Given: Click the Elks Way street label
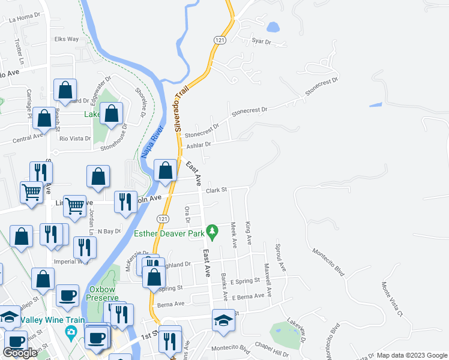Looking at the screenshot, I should tap(67, 39).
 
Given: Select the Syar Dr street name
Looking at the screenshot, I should tap(262, 41).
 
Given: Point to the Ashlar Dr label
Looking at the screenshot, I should tap(199, 145).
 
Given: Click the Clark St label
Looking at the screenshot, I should tap(215, 190).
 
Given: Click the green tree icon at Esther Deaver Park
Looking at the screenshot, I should tap(211, 230).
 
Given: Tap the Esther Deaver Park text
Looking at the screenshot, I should tap(169, 234).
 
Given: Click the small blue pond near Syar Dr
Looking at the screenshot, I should tap(273, 27).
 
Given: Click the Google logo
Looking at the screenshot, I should tap(20, 353).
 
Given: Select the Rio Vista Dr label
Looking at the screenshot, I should tap(75, 139).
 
